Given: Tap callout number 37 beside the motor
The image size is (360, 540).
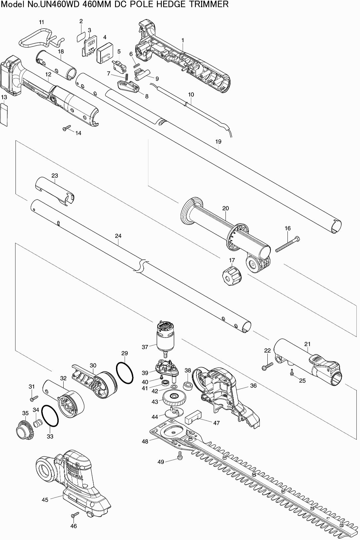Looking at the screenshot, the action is (x=145, y=347).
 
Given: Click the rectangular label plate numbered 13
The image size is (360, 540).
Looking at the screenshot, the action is (x=4, y=115).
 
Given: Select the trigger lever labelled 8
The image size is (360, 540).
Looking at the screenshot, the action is (x=128, y=86).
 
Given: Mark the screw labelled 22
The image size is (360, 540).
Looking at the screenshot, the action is (x=267, y=366).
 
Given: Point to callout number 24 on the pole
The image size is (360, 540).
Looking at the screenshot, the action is (x=118, y=236).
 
